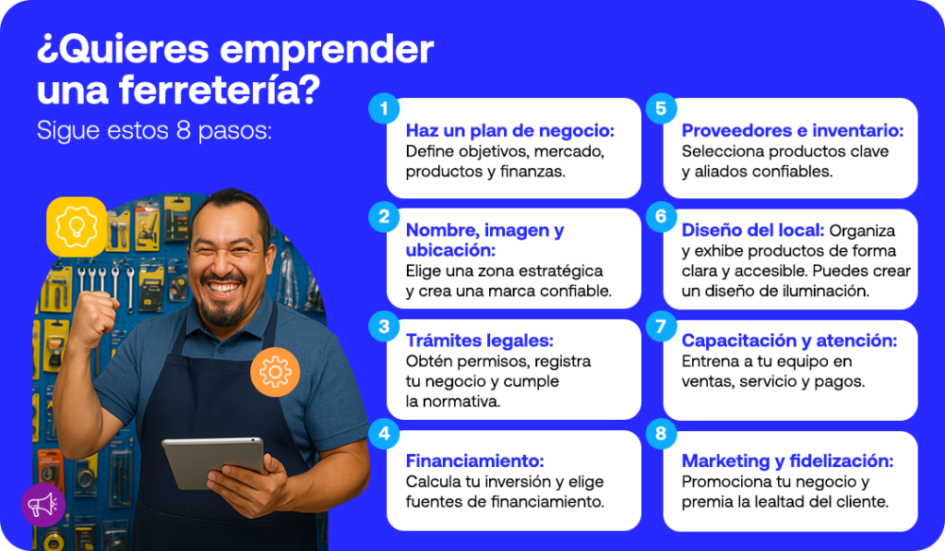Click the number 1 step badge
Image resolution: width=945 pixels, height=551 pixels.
pyautogui.click(x=384, y=109)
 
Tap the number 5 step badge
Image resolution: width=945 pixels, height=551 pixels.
pyautogui.click(x=661, y=109)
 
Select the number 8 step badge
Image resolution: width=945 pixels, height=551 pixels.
pyautogui.click(x=661, y=434)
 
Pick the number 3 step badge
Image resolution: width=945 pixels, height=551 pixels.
pyautogui.click(x=384, y=326)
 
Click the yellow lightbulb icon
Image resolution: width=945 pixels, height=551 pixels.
pyautogui.click(x=77, y=227)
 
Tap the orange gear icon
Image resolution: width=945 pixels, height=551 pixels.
pyautogui.click(x=275, y=372)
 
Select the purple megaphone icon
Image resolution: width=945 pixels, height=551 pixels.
pyautogui.click(x=43, y=505)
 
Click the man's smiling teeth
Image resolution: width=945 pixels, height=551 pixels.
pyautogui.click(x=223, y=288)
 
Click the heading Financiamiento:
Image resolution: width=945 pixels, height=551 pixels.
pyautogui.click(x=475, y=461)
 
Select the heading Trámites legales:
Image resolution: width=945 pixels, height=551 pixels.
pyautogui.click(x=480, y=341)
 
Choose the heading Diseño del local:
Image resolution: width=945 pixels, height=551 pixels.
pyautogui.click(x=753, y=231)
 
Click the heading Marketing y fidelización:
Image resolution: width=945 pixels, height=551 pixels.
pyautogui.click(x=788, y=461)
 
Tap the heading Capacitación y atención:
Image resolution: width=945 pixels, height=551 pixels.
pyautogui.click(x=790, y=341)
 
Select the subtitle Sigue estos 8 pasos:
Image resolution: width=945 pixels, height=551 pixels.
pyautogui.click(x=154, y=131)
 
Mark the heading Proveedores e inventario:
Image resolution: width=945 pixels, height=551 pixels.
pyautogui.click(x=793, y=131)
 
